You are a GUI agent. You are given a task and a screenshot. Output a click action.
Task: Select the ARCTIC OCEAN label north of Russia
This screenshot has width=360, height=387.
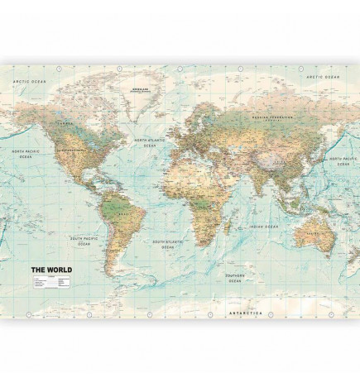[324, 76]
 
